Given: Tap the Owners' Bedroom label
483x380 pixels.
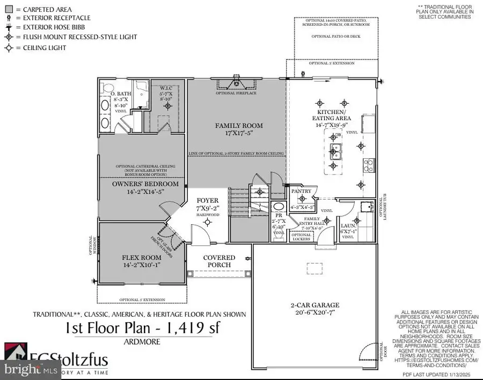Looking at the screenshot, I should point(138,184).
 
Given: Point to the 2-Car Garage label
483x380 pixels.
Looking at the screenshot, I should point(315,305).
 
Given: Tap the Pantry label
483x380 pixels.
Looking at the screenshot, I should point(298,191).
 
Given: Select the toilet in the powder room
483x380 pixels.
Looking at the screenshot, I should point(279,207).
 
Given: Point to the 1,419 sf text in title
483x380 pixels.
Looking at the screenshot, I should point(192,327).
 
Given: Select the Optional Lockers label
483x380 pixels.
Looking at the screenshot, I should point(301,237).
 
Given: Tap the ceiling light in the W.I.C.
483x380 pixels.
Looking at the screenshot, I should point(168,106).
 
